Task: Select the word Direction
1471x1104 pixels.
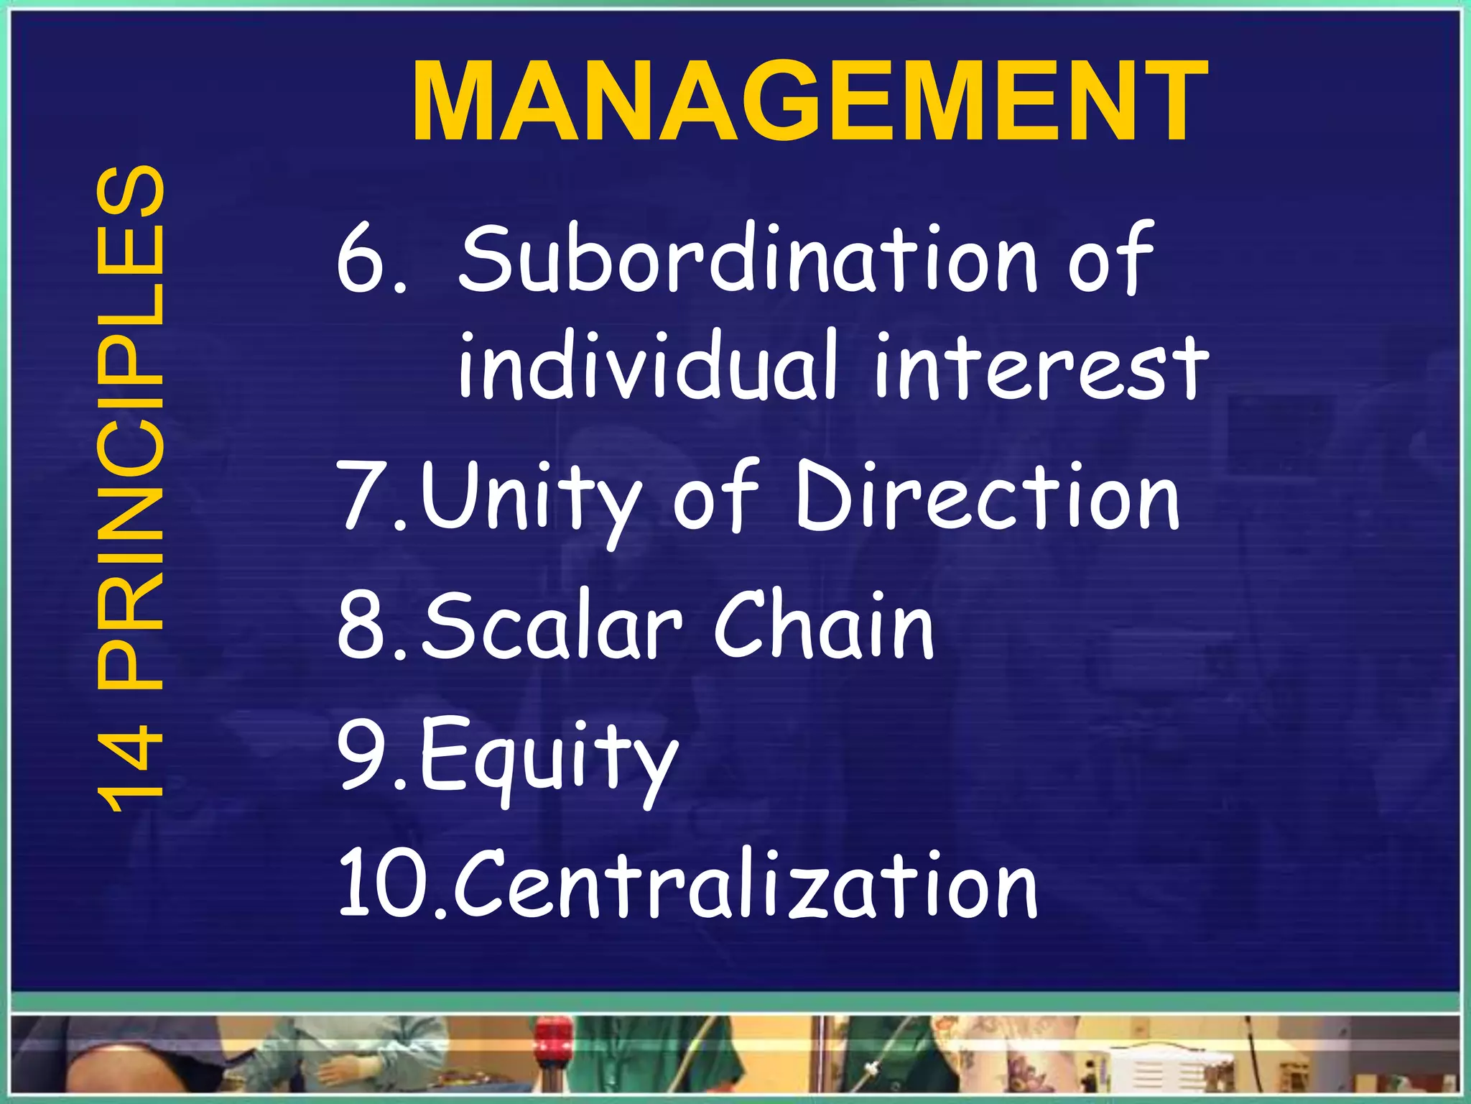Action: tap(988, 496)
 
